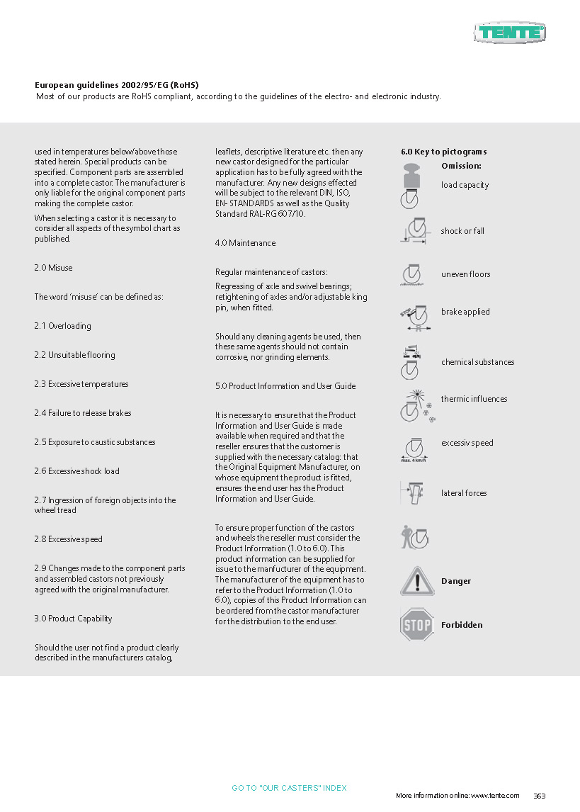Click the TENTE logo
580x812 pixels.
click(510, 32)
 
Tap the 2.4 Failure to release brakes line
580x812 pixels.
click(83, 413)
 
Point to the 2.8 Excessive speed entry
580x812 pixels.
click(68, 539)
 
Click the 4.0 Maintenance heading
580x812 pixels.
click(245, 243)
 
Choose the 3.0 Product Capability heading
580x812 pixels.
click(73, 619)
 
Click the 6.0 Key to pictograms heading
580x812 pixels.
click(443, 152)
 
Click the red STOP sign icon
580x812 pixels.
click(416, 625)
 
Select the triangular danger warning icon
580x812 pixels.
click(416, 581)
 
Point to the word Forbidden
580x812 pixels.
click(462, 625)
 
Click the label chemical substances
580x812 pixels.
click(477, 362)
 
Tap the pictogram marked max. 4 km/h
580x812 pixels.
click(414, 449)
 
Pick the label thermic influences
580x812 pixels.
click(474, 399)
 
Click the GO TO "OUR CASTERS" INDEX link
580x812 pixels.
click(289, 788)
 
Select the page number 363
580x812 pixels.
click(540, 796)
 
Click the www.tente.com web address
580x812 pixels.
click(495, 796)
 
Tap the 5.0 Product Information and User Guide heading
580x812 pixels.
click(285, 386)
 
